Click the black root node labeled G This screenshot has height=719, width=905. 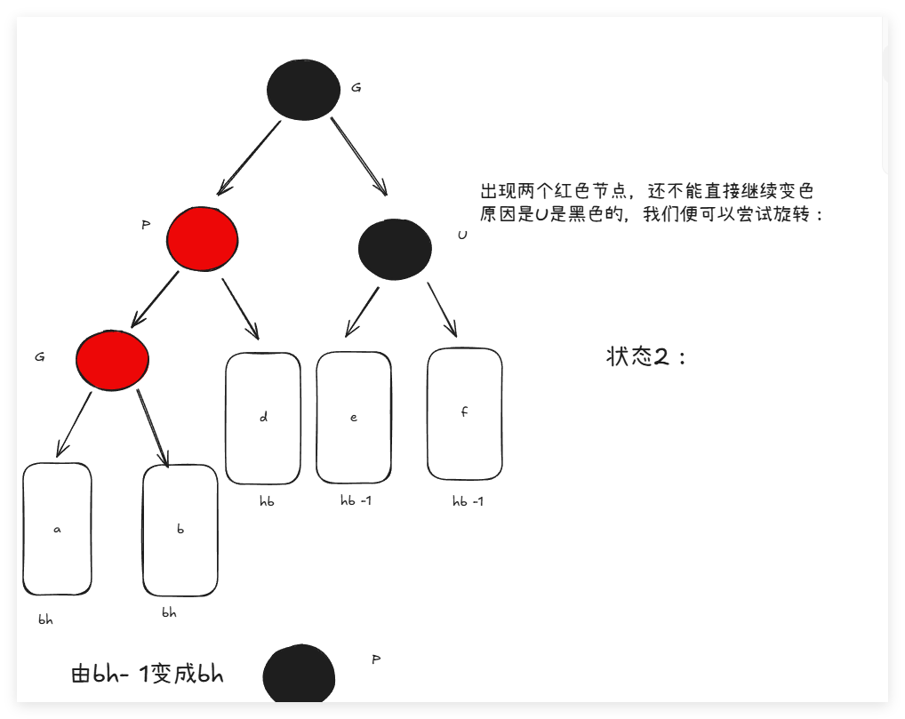303,89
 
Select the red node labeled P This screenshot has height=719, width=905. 202,238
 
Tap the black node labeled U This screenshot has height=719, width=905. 395,249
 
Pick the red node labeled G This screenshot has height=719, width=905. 112,359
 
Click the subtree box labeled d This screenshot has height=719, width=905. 263,418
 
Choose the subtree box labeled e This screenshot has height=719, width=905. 354,417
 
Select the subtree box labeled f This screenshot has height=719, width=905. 464,413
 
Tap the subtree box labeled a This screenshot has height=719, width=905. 57,529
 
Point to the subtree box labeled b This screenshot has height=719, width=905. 180,530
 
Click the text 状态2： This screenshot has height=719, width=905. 646,357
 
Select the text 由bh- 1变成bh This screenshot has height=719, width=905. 147,675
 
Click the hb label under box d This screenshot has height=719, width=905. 267,502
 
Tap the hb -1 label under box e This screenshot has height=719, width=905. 356,500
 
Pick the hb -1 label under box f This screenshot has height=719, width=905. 468,501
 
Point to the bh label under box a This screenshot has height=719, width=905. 45,620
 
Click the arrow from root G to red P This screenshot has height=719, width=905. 249,157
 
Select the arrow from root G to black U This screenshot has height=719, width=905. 359,156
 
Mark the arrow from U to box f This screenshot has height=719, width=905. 442,309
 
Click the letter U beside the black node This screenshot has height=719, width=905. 462,236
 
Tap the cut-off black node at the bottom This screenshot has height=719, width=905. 299,676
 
